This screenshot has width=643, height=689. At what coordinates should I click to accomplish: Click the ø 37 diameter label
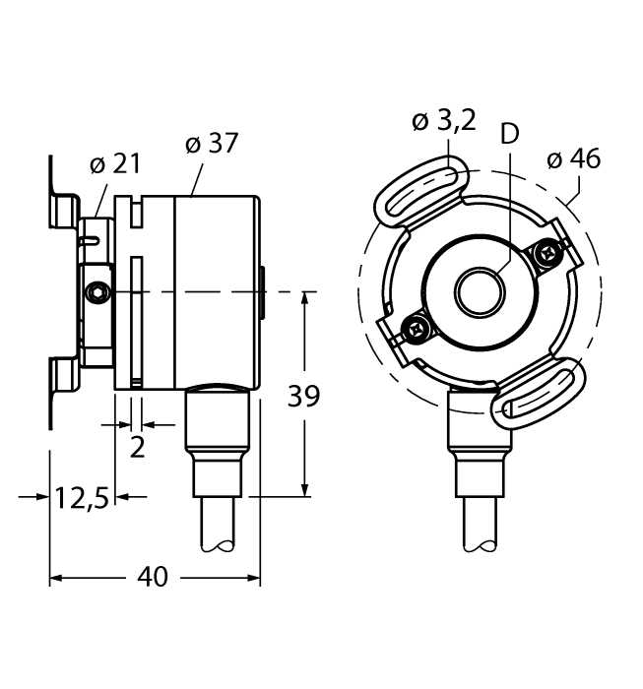212,143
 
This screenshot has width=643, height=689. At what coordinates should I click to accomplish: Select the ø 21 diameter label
114,163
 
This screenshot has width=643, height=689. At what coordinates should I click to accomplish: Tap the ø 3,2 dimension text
444,120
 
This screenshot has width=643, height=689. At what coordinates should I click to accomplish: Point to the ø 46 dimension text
573,158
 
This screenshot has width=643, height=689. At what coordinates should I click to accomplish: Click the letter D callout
510,133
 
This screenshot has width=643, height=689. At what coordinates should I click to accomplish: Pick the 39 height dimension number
303,396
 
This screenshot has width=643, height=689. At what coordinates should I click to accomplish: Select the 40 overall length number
153,577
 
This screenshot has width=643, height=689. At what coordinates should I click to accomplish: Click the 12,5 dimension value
82,499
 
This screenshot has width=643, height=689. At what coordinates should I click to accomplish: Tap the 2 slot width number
137,448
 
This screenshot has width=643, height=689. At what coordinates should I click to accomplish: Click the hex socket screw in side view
96,292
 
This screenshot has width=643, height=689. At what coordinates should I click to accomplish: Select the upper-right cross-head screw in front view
547,253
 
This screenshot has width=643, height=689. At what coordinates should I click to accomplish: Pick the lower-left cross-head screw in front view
415,328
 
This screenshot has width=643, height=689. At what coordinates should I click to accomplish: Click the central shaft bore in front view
480,292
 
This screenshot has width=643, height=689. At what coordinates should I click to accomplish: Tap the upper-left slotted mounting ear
421,192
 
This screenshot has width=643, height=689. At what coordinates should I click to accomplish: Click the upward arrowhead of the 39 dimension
304,300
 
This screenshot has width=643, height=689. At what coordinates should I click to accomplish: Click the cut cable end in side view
218,546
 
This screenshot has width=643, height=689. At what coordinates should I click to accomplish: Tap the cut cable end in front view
480,546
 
